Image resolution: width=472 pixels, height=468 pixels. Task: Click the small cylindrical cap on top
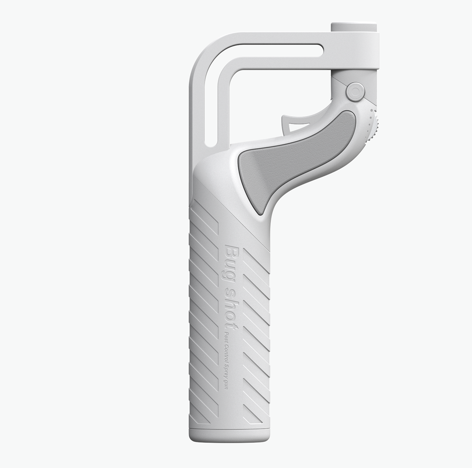(x=354, y=27)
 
